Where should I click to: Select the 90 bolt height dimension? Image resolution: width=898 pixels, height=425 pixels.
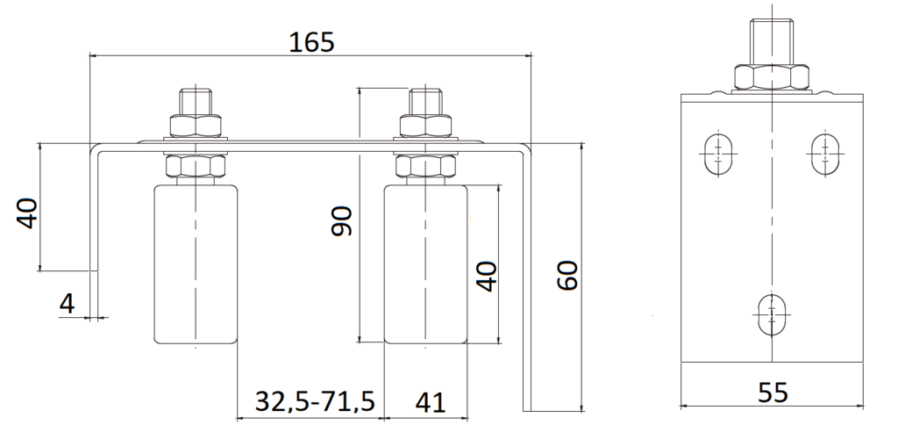pyautogui.click(x=342, y=221)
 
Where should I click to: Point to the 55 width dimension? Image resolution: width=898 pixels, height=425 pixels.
pyautogui.click(x=772, y=392)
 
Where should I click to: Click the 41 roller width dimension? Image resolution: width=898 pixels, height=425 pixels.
pyautogui.click(x=429, y=402)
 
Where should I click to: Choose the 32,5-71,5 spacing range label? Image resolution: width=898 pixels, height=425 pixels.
pyautogui.click(x=315, y=402)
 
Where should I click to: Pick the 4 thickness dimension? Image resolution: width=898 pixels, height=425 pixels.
pyautogui.click(x=67, y=304)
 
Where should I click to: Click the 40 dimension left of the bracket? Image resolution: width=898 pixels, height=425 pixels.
pyautogui.click(x=28, y=213)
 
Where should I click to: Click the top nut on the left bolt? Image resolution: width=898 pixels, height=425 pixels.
pyautogui.click(x=196, y=125)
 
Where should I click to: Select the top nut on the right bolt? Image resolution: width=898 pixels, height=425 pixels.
pyautogui.click(x=425, y=125)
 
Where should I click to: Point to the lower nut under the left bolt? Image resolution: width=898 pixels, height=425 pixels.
pyautogui.click(x=196, y=167)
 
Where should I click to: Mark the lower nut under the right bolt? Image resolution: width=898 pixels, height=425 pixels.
pyautogui.click(x=425, y=167)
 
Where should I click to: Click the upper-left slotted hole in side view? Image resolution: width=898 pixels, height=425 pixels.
pyautogui.click(x=719, y=155)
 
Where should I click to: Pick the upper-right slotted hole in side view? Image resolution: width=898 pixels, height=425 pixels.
pyautogui.click(x=824, y=155)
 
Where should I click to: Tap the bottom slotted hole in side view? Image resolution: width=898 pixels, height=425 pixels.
pyautogui.click(x=773, y=312)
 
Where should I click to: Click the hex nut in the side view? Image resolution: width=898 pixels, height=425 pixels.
pyautogui.click(x=772, y=77)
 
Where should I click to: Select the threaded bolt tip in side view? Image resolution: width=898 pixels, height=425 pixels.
pyautogui.click(x=772, y=40)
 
